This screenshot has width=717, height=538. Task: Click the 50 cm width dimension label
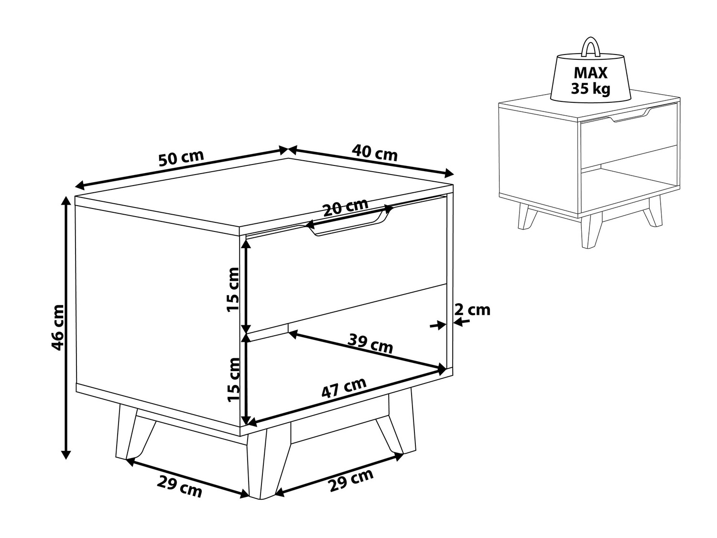coord(181,158)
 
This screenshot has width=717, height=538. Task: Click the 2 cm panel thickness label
coord(472,310)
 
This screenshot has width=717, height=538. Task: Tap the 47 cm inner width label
coord(344,388)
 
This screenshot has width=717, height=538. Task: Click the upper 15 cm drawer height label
coord(233,290)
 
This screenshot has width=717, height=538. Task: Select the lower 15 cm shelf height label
coord(234,380)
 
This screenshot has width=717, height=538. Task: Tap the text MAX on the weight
coord(591,73)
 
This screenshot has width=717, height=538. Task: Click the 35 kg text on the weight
coord(591,88)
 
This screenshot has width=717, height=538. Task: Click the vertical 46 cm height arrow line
coord(66,328)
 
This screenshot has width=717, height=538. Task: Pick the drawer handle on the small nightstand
coord(630,116)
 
